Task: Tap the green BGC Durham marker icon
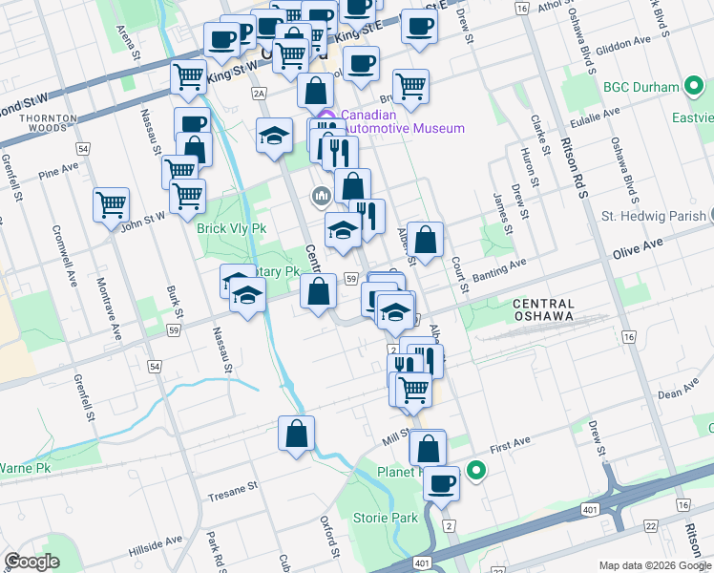695,87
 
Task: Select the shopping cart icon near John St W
111,204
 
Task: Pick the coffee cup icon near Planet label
441,484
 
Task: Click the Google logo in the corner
31,562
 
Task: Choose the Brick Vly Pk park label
231,229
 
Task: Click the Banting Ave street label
499,273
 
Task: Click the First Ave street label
508,447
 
